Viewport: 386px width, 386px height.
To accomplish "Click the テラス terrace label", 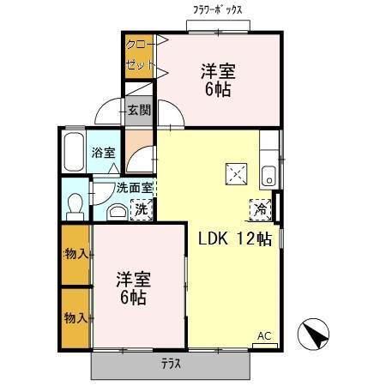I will (171, 364).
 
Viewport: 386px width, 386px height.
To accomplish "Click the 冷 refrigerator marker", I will (261, 208).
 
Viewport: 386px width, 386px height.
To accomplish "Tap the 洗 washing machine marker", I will (139, 208).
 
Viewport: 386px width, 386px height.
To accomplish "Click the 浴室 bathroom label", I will (103, 154).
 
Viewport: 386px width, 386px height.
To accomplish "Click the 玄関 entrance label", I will (138, 109).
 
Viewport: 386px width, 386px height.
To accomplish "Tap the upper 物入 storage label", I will (75, 253).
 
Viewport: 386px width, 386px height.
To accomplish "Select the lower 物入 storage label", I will (75, 318).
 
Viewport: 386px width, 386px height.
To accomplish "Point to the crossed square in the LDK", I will (235, 173).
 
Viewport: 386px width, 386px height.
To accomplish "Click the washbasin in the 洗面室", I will (116, 212).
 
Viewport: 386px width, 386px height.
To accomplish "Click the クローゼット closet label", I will (140, 56).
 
